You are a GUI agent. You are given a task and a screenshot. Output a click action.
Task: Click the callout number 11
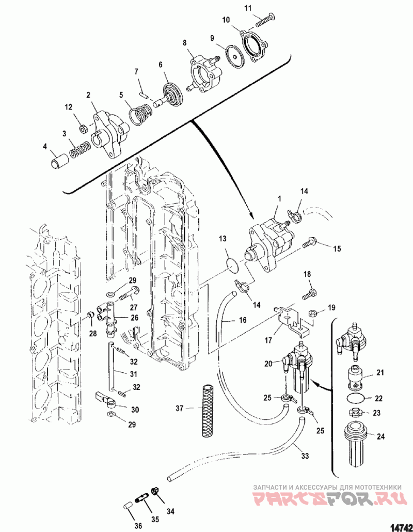tap(248, 8)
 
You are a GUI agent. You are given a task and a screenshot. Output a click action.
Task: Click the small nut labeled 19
tap(313, 312)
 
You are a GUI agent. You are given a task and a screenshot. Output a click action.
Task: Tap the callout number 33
tap(305, 456)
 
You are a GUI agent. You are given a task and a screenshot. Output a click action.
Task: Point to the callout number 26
tap(135, 318)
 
